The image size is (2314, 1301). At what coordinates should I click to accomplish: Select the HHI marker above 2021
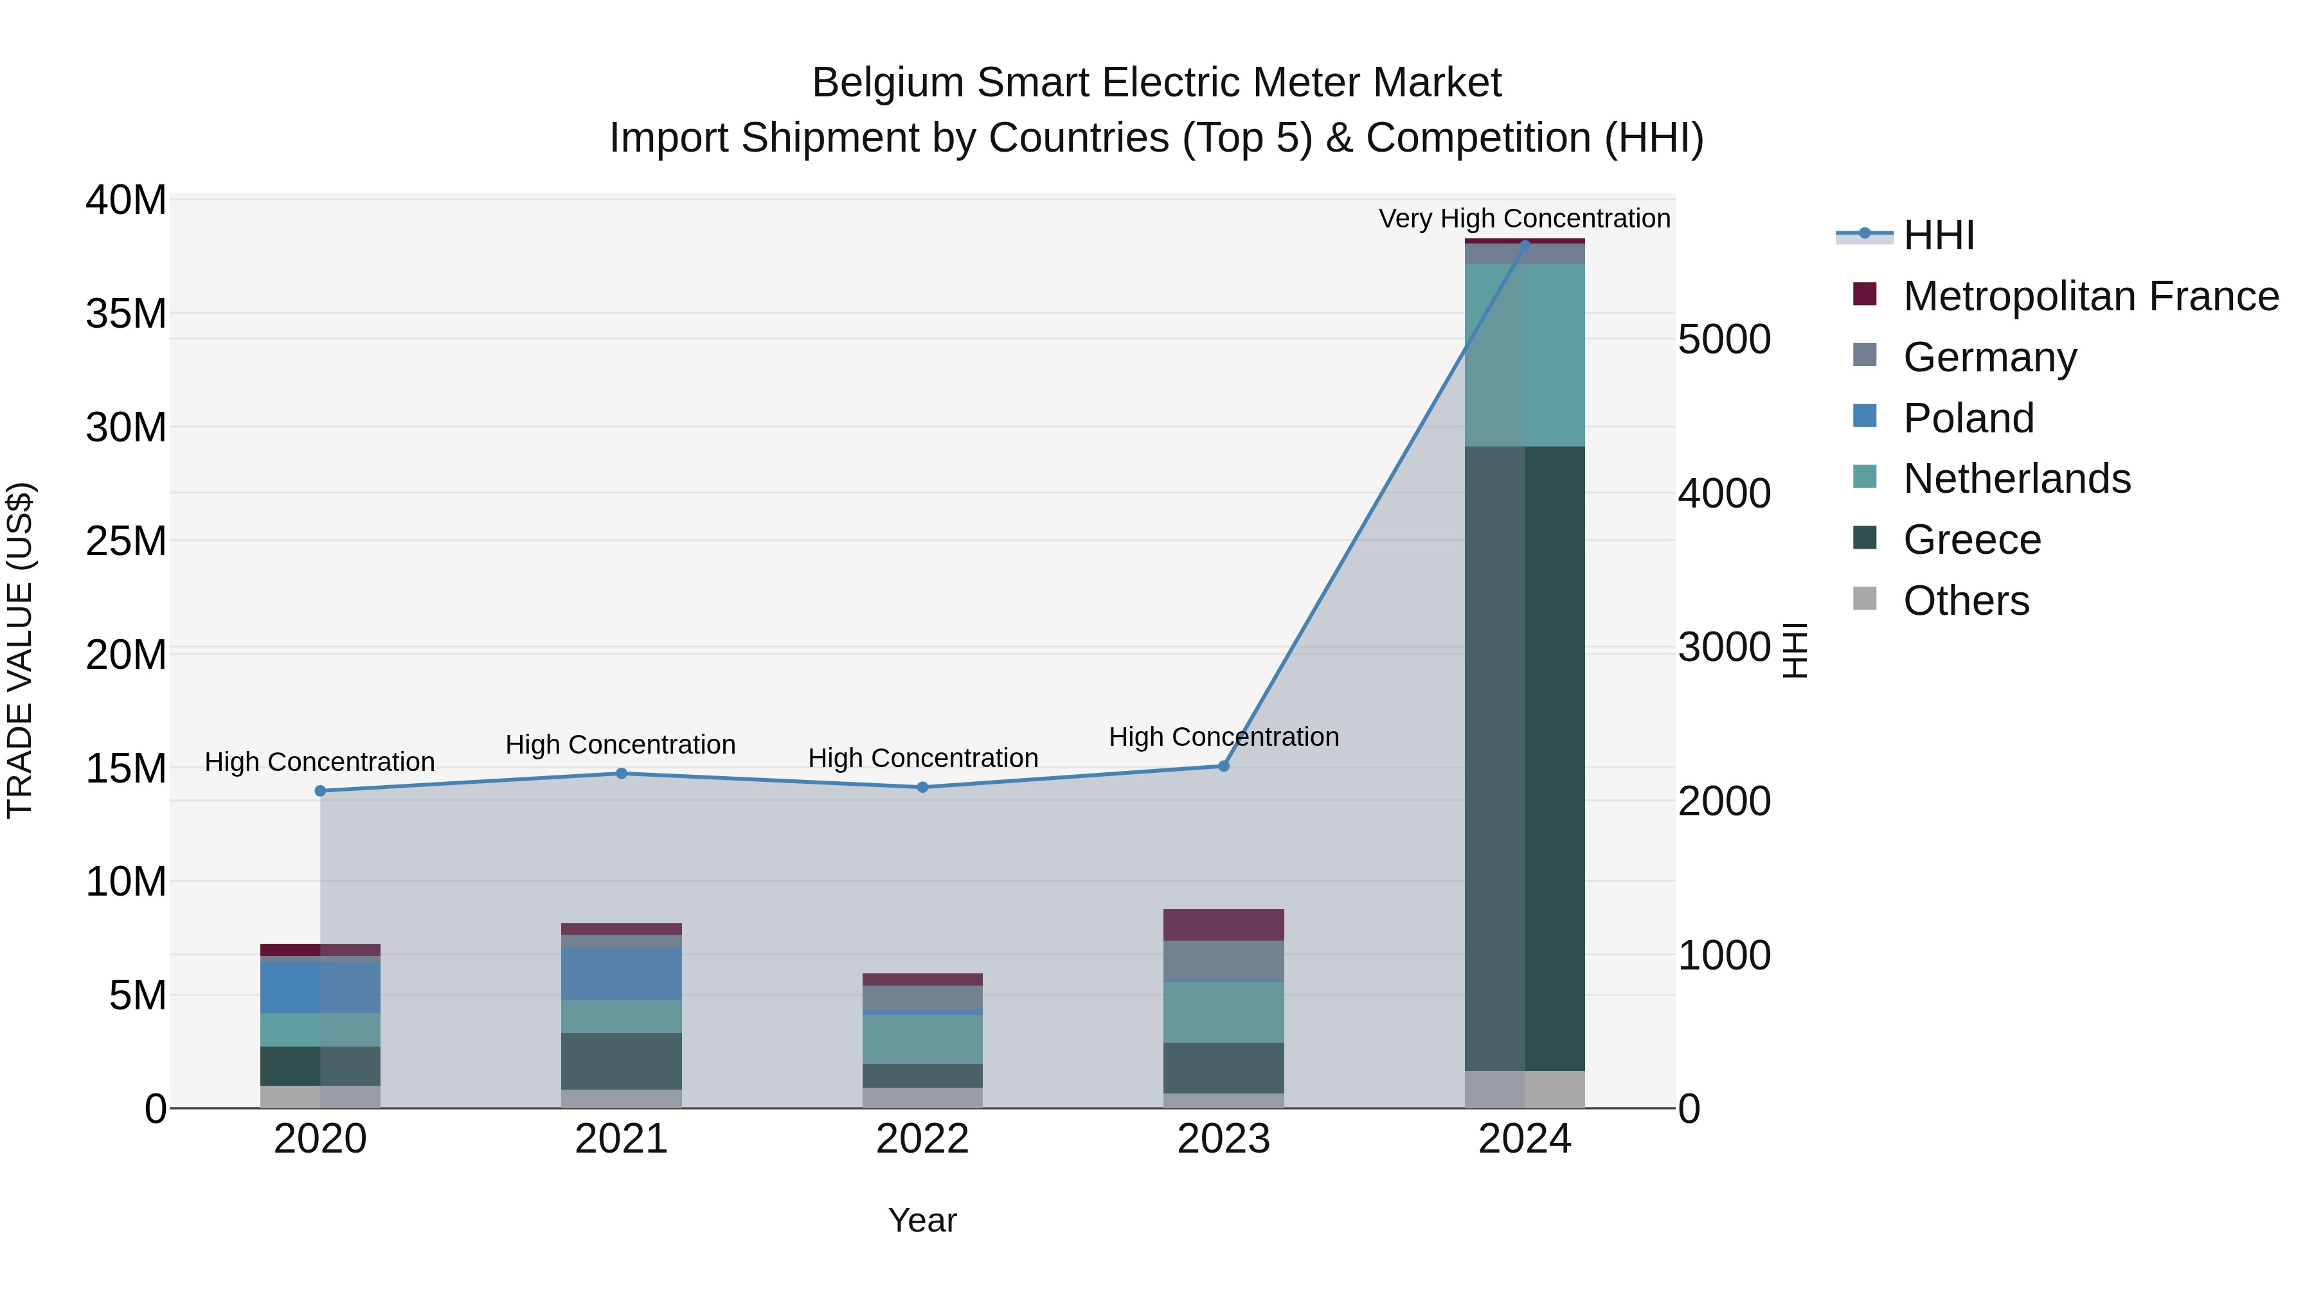[621, 773]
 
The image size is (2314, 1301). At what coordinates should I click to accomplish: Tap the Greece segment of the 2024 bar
[1525, 758]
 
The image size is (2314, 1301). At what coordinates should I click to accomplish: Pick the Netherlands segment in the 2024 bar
[1525, 355]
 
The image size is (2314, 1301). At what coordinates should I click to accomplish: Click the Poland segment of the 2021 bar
[621, 973]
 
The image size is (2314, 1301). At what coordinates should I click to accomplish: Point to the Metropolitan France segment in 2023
[1223, 924]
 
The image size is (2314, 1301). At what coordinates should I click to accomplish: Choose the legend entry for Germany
[1989, 357]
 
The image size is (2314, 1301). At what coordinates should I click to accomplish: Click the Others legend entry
[1966, 601]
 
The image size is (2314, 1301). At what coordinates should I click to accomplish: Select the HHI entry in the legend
[1939, 235]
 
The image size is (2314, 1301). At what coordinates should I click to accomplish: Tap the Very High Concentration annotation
[1525, 218]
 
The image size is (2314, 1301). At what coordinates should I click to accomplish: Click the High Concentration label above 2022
[922, 758]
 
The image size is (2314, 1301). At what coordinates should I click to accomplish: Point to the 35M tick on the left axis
[126, 314]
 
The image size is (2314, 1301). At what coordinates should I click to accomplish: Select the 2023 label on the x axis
[1223, 1139]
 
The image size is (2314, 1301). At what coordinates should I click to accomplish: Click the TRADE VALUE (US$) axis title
[20, 650]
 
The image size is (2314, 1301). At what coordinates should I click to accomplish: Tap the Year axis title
[922, 1220]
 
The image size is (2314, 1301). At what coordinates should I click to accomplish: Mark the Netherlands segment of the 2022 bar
[922, 1039]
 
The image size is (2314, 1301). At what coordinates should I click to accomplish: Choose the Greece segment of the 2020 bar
[320, 1066]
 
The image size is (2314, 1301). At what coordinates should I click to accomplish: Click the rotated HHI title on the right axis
[1794, 650]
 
